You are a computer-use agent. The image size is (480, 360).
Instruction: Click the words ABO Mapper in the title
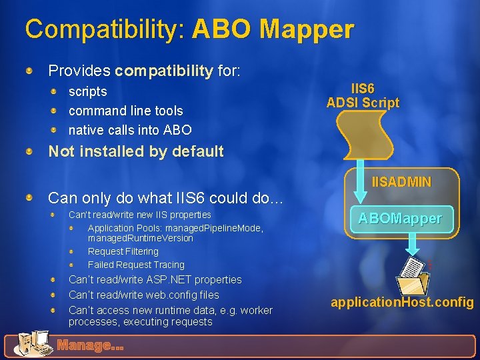(x=273, y=29)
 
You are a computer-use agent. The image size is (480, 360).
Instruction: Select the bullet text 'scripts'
(x=87, y=91)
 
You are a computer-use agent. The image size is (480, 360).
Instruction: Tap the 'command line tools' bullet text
(x=125, y=111)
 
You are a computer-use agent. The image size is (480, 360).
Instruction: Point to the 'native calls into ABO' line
(x=130, y=130)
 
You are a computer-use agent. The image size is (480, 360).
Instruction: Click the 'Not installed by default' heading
(x=136, y=151)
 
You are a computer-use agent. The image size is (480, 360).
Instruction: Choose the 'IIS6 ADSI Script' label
(x=363, y=95)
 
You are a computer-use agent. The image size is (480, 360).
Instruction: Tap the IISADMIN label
(x=401, y=181)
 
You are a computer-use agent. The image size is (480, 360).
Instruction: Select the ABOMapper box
(x=400, y=219)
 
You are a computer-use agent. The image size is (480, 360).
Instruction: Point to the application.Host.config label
(x=402, y=302)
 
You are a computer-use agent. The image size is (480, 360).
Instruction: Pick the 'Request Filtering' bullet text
(x=123, y=251)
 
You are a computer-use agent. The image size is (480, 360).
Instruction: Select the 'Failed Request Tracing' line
(x=136, y=265)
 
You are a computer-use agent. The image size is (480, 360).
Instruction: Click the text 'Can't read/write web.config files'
(x=144, y=295)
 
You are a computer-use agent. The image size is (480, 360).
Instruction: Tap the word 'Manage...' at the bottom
(x=90, y=345)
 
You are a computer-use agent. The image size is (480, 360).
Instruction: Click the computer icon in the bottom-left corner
(x=30, y=344)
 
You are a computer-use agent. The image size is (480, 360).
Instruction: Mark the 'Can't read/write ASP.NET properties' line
(x=155, y=279)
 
